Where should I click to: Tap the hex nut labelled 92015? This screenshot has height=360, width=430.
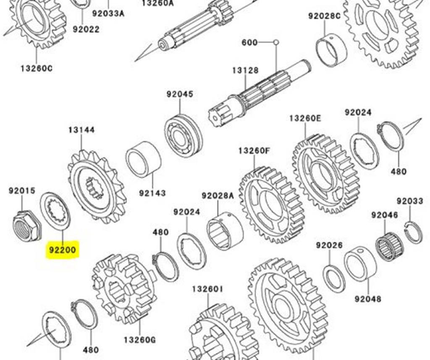[26, 226]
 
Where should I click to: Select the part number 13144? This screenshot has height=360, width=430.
[81, 130]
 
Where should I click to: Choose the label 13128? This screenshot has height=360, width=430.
[245, 71]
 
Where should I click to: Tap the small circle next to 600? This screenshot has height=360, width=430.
[276, 42]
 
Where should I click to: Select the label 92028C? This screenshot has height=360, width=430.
[324, 16]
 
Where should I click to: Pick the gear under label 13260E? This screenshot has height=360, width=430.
[325, 173]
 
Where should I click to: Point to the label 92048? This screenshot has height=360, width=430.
[368, 299]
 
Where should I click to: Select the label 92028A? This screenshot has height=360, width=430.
[218, 195]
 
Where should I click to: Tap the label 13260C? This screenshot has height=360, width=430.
[37, 68]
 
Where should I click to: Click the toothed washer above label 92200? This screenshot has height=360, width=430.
[55, 211]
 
